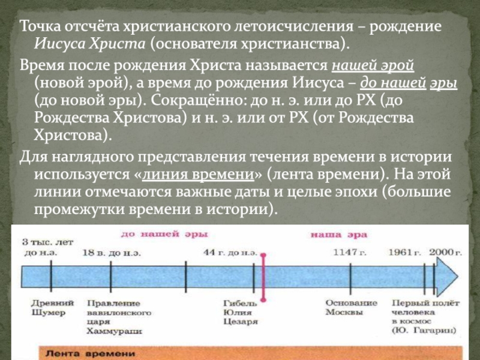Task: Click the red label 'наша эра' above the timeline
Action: (x=330, y=233)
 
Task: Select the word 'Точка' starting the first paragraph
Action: (x=40, y=28)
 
